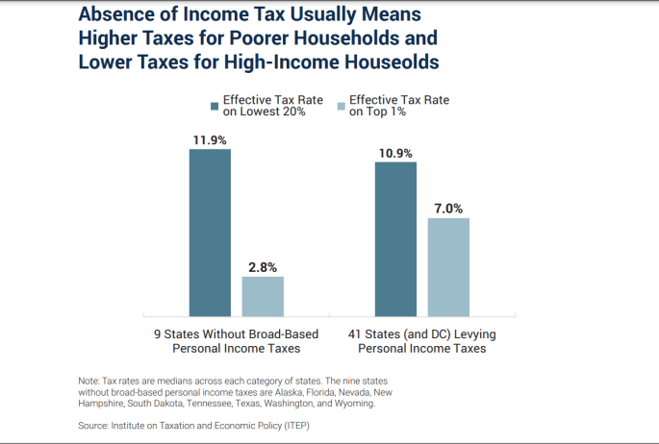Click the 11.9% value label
coord(209,140)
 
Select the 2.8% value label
coord(262,267)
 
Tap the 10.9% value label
coord(395,153)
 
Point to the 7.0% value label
coord(448,209)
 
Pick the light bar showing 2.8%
coord(263,296)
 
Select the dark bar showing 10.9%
coord(395,238)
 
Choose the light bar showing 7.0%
coord(448,266)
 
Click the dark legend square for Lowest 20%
coord(215,106)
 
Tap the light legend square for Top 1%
coord(341,106)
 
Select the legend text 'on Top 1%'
coord(380,112)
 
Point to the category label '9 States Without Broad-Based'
coord(237,333)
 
